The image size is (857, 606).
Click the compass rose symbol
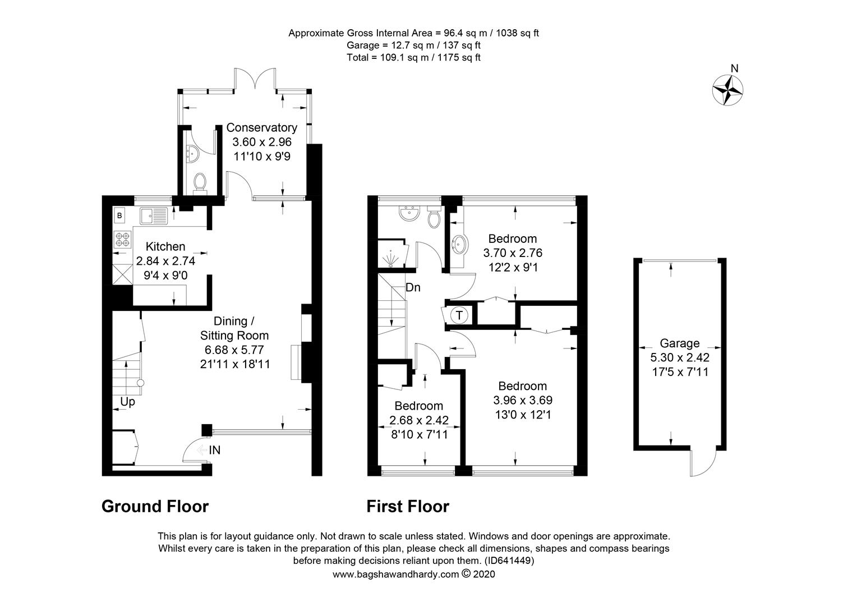coord(728,89)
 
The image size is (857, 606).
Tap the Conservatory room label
coord(261,128)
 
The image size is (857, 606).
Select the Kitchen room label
coord(165,246)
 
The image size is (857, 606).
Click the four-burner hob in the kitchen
coord(122,240)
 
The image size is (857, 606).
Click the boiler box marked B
coord(119,215)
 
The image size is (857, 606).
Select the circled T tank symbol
coord(459,315)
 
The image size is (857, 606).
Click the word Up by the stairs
coord(127,402)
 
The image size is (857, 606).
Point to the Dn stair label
coord(413,287)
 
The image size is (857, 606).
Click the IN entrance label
coord(215,449)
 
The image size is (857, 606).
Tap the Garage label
coord(679,343)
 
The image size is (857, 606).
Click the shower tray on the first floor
coord(391,255)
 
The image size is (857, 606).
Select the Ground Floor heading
coord(155,506)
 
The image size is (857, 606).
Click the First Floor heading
coord(408,506)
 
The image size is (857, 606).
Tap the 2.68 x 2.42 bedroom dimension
coord(419,420)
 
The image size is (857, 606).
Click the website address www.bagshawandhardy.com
coord(396,574)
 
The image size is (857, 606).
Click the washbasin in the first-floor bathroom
coord(408,212)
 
